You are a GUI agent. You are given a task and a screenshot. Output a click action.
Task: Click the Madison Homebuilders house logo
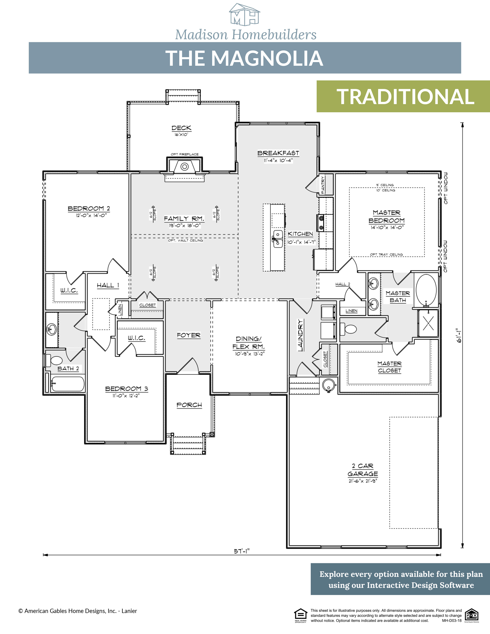point(245,14)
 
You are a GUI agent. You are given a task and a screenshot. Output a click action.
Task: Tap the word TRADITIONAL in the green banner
point(405,97)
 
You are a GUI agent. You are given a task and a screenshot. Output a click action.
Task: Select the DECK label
point(181,128)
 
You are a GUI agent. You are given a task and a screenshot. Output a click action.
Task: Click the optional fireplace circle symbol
point(185,167)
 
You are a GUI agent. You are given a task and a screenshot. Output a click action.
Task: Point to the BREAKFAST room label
point(278,153)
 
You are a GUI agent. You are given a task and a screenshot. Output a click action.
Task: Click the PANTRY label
point(323,185)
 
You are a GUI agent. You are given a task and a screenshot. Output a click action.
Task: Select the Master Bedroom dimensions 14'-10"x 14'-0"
point(387,228)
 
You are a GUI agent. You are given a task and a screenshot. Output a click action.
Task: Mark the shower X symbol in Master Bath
point(428,323)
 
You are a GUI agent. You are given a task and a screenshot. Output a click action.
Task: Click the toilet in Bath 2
point(56,360)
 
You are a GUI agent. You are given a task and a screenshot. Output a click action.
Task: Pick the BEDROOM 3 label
point(127,389)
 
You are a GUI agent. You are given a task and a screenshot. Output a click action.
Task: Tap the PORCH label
point(189,405)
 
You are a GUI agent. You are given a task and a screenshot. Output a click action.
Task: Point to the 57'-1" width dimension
point(242,551)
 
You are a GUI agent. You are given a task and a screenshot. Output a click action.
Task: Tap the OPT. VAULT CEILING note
point(185,240)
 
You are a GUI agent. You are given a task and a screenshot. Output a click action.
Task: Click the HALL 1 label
point(108,285)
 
